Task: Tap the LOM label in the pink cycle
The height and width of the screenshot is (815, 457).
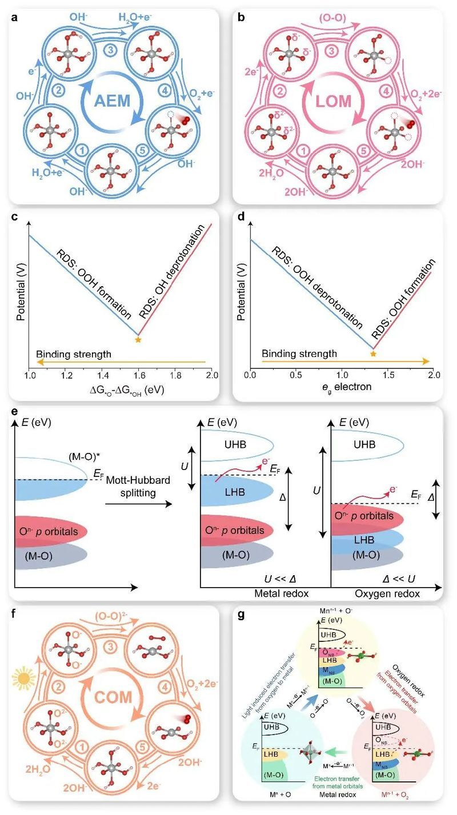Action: [x=336, y=105]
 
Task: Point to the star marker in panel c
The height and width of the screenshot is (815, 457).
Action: [x=138, y=340]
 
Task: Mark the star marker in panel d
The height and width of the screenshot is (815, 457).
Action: [x=373, y=355]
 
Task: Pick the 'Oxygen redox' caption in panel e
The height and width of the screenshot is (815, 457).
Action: [x=394, y=594]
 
